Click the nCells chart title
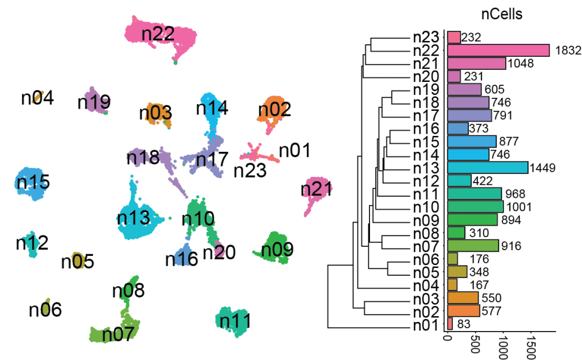[502, 15]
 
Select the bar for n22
[498, 51]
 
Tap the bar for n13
[487, 167]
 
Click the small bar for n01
[450, 324]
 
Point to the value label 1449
[542, 168]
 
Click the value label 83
[465, 324]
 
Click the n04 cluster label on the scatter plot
[38, 98]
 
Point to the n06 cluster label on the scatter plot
[45, 310]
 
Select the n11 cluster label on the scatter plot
[235, 321]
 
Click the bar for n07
[472, 246]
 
